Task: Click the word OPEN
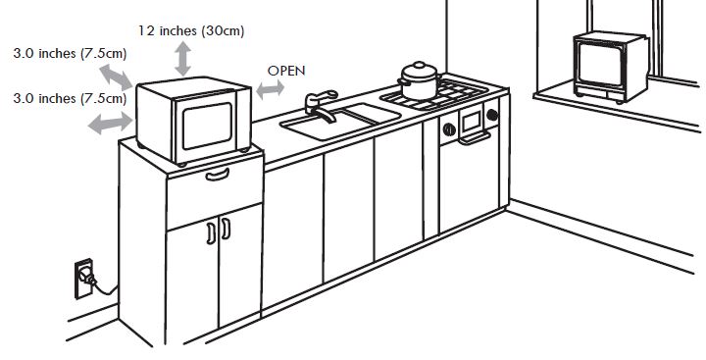286,71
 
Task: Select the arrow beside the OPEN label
270,89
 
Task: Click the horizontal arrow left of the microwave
110,122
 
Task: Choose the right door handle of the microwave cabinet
225,230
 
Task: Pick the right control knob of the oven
491,117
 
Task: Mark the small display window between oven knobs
472,122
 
